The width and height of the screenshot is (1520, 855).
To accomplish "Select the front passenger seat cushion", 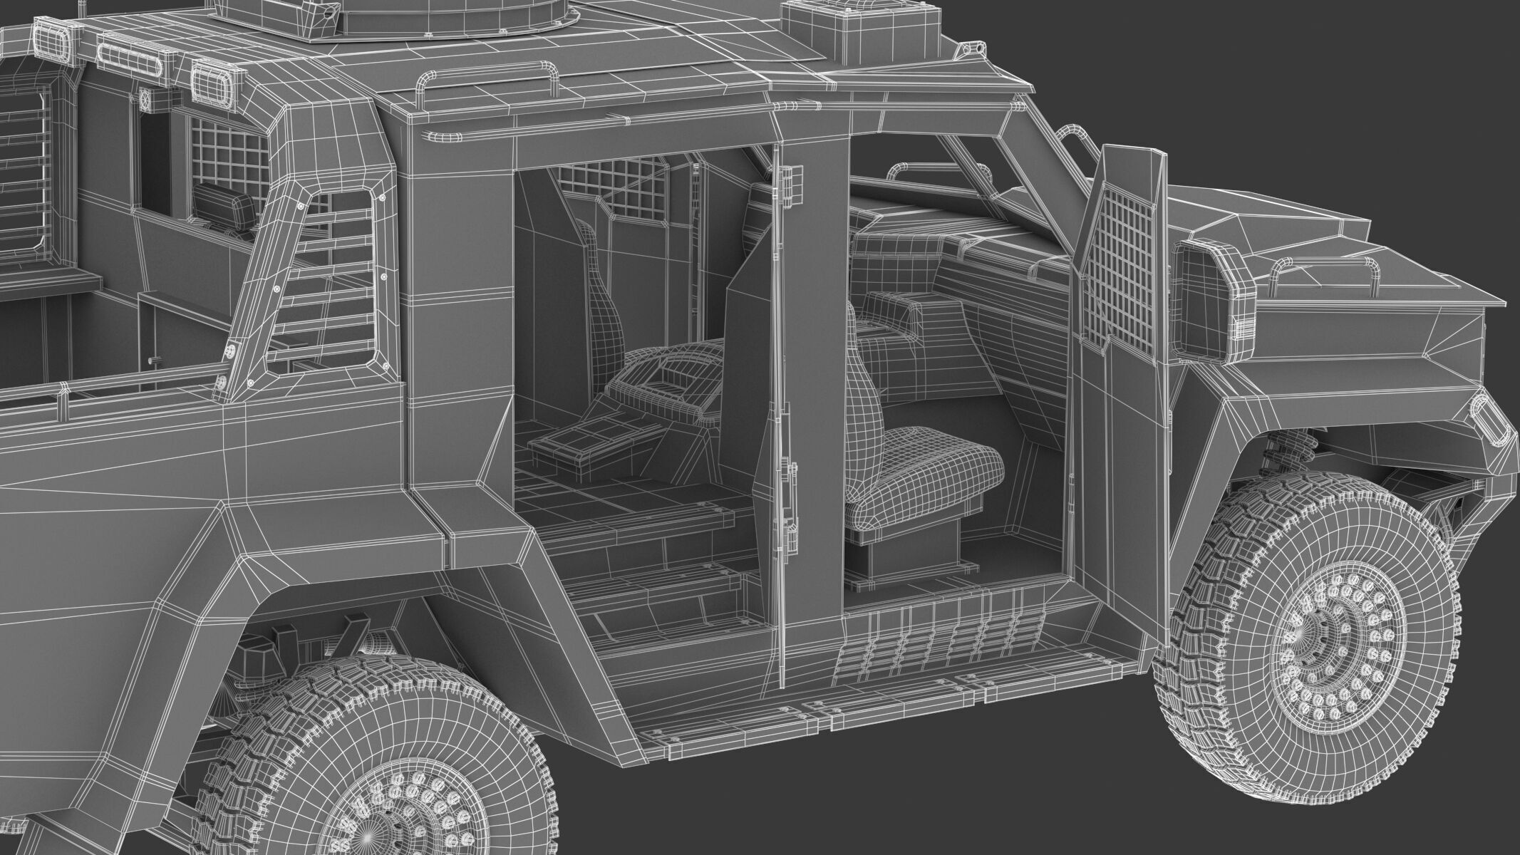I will tap(926, 470).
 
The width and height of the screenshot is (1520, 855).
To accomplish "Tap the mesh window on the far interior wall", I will tap(620, 185).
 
